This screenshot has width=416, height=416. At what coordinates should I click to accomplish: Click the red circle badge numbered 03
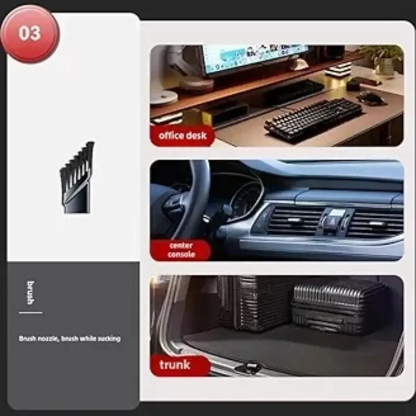point(30,34)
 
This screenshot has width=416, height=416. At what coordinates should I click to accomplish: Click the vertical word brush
point(31,293)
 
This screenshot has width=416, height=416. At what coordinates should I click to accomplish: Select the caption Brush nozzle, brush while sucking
point(70,339)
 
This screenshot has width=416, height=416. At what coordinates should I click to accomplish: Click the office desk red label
point(182,136)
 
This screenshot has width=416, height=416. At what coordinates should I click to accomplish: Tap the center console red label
point(181,250)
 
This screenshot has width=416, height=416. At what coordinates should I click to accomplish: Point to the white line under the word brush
point(31,312)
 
